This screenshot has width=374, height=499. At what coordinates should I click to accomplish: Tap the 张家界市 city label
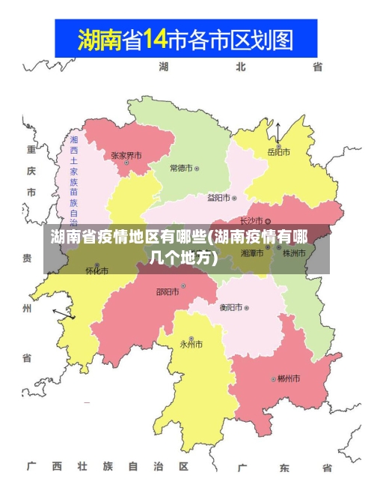click(126, 156)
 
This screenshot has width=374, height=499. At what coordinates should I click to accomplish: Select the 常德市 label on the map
click(180, 168)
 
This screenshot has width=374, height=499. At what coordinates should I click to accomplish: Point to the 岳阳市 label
click(279, 152)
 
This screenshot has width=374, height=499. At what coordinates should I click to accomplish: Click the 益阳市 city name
click(218, 198)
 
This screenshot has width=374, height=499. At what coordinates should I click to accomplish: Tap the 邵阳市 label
click(167, 291)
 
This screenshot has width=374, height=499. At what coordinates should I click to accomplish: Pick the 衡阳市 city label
click(230, 307)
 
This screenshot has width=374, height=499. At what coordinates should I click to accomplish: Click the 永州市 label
click(191, 345)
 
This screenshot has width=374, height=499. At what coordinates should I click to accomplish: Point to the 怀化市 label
click(96, 270)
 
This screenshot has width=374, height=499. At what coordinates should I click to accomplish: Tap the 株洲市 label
click(294, 253)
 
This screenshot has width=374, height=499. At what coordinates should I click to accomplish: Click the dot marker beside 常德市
click(197, 169)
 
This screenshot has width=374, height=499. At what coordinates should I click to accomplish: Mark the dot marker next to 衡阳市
click(246, 308)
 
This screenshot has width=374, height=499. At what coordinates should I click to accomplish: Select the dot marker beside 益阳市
click(234, 199)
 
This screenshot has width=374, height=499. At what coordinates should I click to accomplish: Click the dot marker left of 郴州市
click(273, 379)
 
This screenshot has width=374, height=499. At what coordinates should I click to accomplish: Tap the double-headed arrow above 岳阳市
click(278, 133)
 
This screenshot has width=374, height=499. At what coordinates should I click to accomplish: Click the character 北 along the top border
click(240, 67)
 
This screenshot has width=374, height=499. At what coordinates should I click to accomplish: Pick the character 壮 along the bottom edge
click(82, 467)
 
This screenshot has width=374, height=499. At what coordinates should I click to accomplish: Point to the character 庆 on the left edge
click(31, 171)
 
